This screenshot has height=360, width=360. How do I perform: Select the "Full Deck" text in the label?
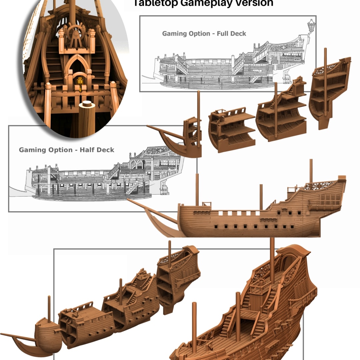[x=231, y=34]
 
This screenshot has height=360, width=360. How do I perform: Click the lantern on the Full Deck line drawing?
[x=311, y=25]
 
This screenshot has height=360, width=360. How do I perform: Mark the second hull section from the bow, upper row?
[x=232, y=130]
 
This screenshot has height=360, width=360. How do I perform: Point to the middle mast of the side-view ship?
[x=261, y=197]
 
